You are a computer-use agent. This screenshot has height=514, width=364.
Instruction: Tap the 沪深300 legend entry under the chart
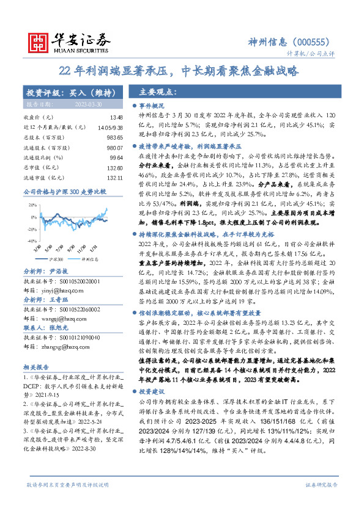coord(57,258)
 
